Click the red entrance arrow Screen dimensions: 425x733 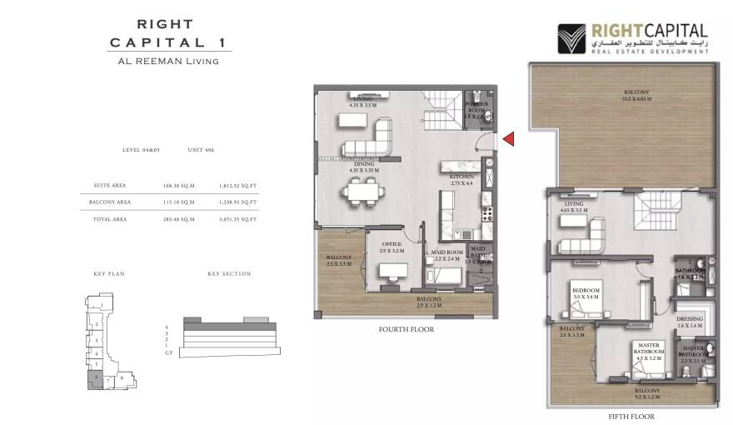[x=507, y=139]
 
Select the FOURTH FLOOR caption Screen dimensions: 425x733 [x=406, y=329]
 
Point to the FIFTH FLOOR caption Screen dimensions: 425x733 [x=631, y=417]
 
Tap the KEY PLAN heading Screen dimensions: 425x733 [x=108, y=273]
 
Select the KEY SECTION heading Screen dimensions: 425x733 [x=229, y=273]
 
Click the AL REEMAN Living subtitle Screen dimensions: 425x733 [x=169, y=61]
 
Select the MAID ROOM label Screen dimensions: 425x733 [x=447, y=253]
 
